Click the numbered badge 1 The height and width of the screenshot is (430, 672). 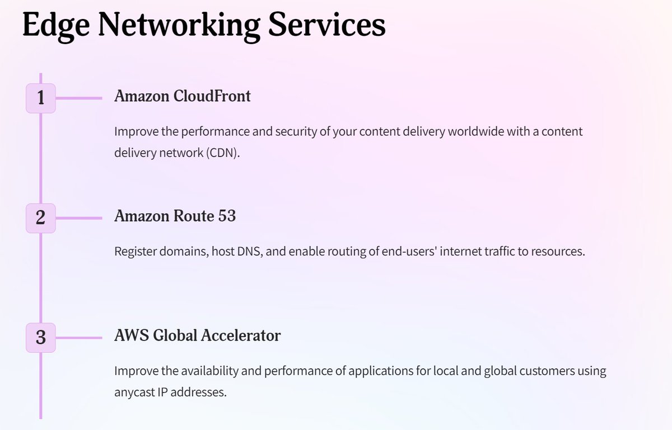point(40,98)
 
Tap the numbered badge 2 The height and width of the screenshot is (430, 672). point(40,218)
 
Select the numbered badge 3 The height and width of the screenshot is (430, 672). point(40,338)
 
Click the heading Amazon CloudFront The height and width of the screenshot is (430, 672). point(183,96)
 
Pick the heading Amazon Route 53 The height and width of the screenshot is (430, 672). point(175,216)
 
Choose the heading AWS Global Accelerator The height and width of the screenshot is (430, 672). point(197,336)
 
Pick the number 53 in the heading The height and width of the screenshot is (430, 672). point(227,216)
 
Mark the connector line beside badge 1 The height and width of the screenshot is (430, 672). point(78,98)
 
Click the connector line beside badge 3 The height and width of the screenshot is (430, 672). point(78,338)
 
